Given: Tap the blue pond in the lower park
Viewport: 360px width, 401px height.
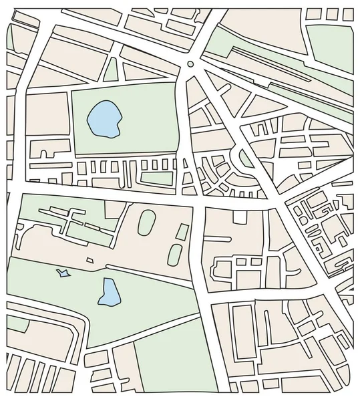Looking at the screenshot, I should tap(107, 292).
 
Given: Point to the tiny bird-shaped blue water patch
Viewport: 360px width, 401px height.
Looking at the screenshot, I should tap(63, 272).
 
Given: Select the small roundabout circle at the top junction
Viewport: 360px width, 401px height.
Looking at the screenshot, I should tap(191, 65).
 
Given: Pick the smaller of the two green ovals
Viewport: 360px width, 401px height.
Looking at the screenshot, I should tap(175, 254).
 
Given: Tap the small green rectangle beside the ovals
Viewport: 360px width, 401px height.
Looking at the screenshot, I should tap(181, 231).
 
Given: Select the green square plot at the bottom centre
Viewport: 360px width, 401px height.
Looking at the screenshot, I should tap(166, 364).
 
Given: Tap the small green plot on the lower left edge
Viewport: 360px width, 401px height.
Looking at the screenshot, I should tap(17, 325).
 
